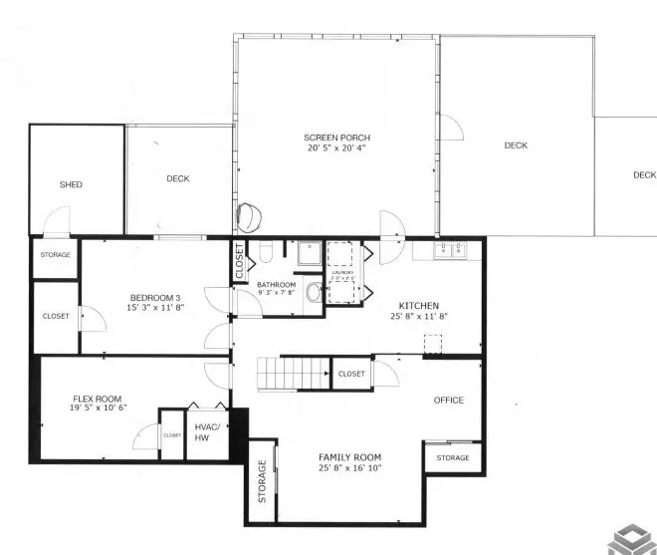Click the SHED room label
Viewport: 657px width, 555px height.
(71, 184)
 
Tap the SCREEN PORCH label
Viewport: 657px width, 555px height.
(337, 137)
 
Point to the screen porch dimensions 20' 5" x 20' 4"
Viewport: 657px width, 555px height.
(337, 148)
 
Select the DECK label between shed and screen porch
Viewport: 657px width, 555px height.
(178, 179)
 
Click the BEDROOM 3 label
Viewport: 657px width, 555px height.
(155, 298)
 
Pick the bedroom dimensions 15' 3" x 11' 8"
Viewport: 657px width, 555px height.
(155, 309)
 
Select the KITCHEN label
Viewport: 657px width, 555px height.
(419, 306)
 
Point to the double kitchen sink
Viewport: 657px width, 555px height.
(449, 250)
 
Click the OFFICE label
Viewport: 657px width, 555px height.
(449, 401)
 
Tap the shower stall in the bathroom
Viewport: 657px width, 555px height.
(310, 253)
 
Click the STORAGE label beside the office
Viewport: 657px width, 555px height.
(453, 458)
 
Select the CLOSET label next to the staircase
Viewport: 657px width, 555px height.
(351, 374)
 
